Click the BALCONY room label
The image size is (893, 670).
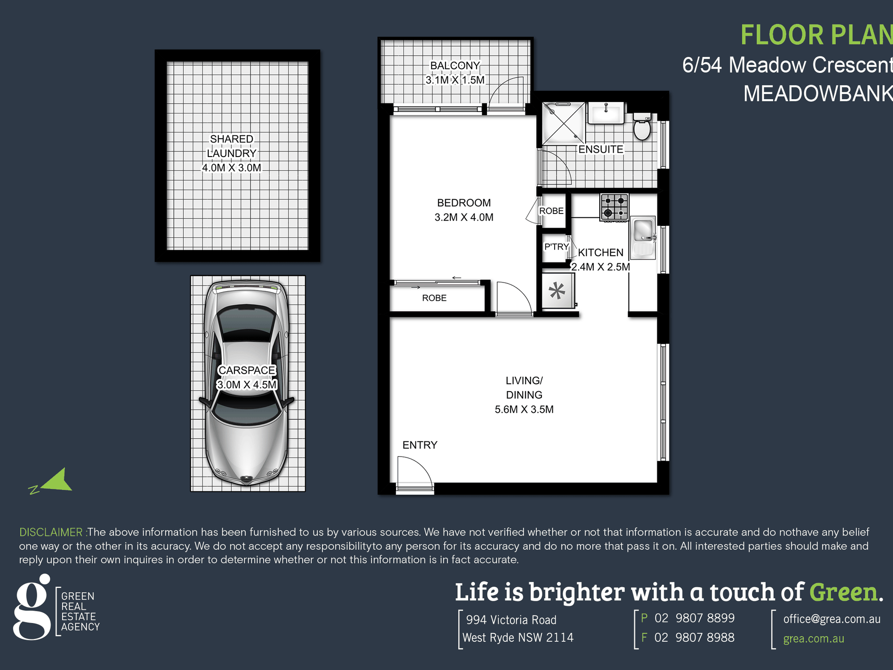click(455, 65)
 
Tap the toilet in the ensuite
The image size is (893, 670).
click(642, 126)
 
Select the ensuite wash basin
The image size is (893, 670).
click(606, 113)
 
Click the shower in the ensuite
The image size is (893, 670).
click(564, 123)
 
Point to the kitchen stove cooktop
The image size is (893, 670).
click(614, 207)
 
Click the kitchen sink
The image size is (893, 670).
click(642, 237)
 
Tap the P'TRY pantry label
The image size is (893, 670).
click(556, 247)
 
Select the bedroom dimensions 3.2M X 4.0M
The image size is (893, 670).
click(464, 217)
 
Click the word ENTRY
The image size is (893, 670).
click(420, 445)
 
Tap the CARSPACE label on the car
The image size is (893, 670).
click(247, 370)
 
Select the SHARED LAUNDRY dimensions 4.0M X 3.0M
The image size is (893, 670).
click(231, 168)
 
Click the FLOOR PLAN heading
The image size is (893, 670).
click(816, 35)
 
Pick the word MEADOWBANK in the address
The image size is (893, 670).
click(818, 94)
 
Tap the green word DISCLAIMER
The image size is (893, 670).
click(51, 532)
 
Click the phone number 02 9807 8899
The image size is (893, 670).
click(694, 618)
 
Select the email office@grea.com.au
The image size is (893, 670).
click(831, 619)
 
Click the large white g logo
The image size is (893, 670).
click(31, 607)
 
